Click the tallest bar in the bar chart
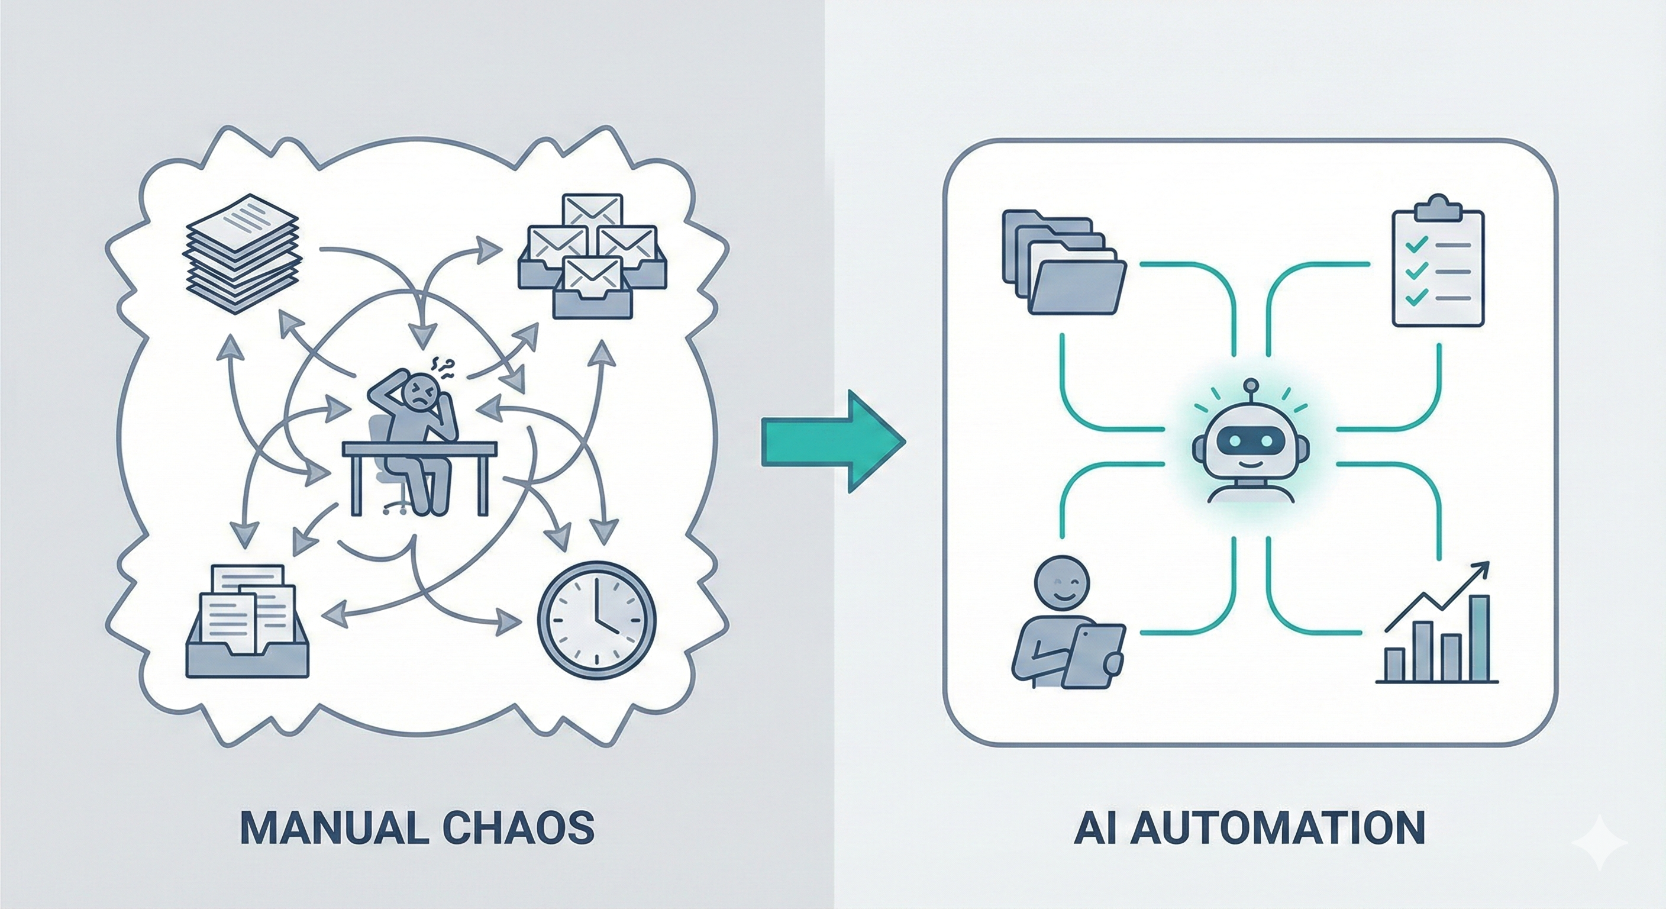(x=1480, y=639)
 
